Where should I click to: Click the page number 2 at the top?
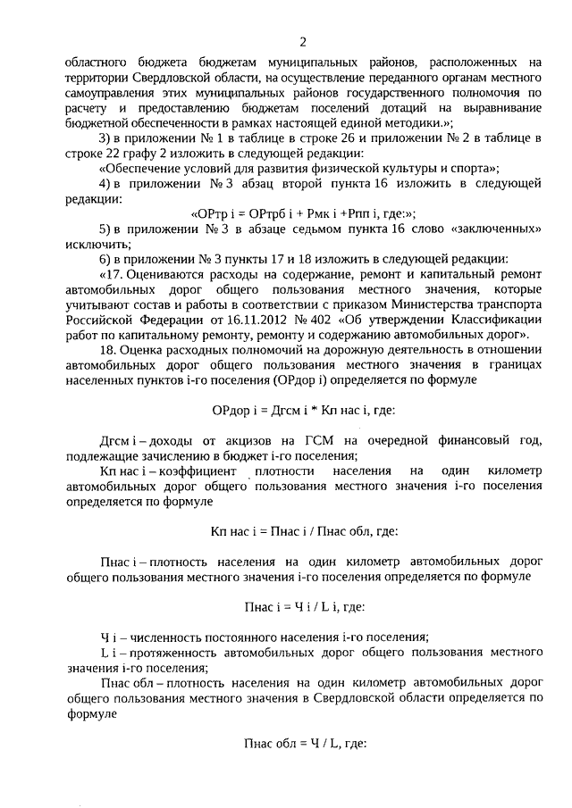click(x=303, y=42)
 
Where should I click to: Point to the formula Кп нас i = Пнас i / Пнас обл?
click(x=304, y=529)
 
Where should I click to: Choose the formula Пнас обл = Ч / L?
click(x=304, y=742)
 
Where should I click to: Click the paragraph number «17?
click(x=113, y=274)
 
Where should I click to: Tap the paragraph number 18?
click(x=107, y=350)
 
